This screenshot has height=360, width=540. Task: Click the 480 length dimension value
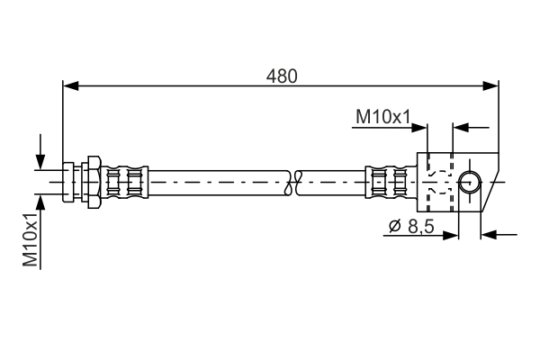point(281,76)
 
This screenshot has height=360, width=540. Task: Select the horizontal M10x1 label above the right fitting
point(382,116)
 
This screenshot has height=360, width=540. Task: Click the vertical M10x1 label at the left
point(31,240)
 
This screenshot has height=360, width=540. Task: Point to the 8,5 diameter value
point(420,228)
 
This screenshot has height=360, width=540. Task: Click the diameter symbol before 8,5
point(394,229)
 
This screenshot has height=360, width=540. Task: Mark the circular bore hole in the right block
point(469,182)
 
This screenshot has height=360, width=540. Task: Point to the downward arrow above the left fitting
point(40,159)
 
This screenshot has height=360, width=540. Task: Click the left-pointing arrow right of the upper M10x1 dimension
point(458,127)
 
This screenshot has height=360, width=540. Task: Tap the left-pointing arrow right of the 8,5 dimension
point(487,236)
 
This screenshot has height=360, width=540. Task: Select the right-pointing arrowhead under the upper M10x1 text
point(420,127)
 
